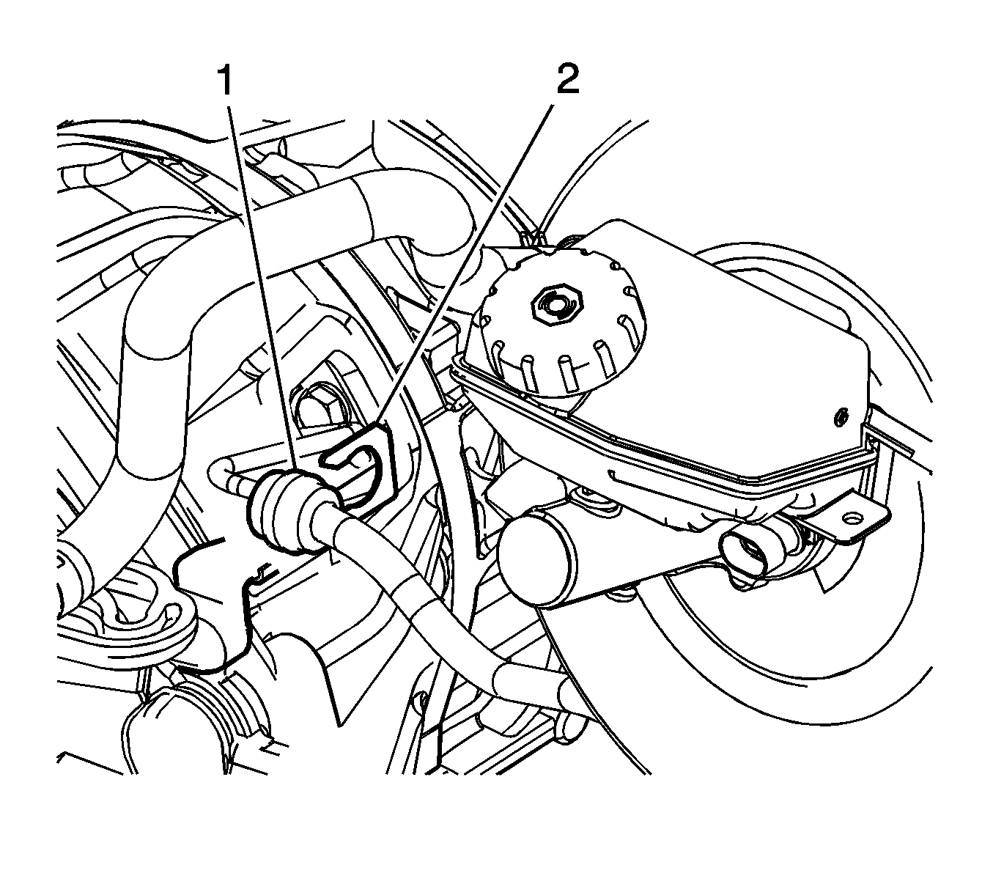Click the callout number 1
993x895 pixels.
226,81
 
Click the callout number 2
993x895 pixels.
567,79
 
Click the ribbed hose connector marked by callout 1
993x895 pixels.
282,512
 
